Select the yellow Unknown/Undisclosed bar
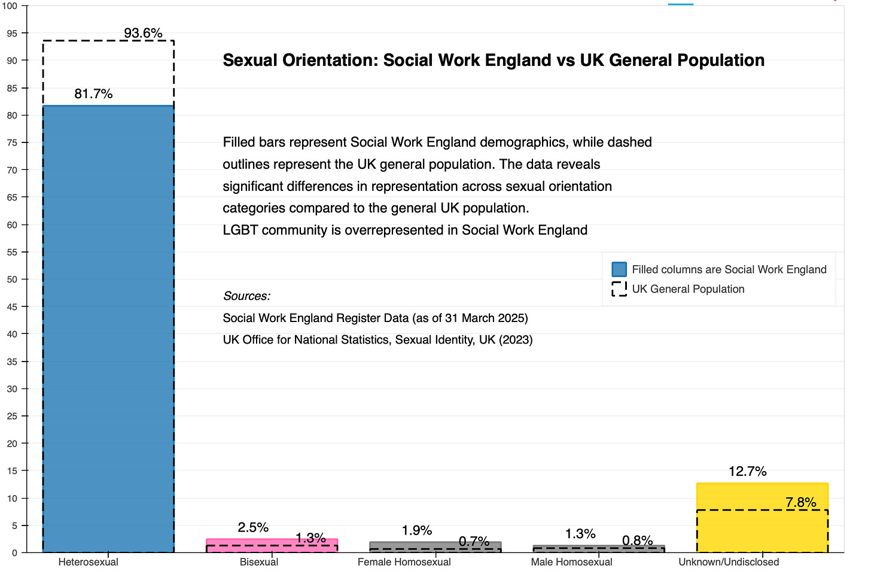click(762, 517)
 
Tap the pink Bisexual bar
click(272, 542)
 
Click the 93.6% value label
click(143, 34)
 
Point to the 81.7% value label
click(93, 94)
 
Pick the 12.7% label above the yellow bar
click(747, 472)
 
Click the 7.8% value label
click(800, 503)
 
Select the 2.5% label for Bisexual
click(253, 528)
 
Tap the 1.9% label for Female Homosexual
click(416, 531)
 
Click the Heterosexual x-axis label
click(89, 562)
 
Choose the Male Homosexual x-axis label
click(571, 562)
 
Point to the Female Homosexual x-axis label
click(404, 562)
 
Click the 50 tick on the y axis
click(12, 280)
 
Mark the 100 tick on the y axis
click(10, 6)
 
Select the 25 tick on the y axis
click(12, 416)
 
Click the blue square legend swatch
click(619, 269)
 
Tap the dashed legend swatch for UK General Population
click(619, 289)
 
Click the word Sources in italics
click(246, 296)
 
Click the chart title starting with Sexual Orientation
click(493, 60)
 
